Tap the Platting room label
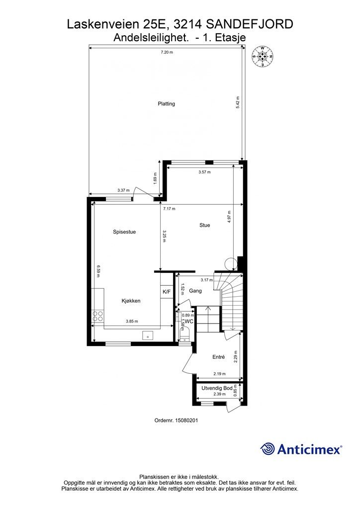[166, 104]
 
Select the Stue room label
[204, 225]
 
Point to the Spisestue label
[124, 232]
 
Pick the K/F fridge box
[166, 292]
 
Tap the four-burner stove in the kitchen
[98, 317]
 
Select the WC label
[189, 322]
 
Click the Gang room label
[195, 291]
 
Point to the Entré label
[218, 357]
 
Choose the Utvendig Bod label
[217, 388]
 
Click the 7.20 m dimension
[166, 52]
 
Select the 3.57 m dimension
[204, 172]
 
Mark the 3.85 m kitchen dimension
[132, 321]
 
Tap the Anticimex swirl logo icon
[268, 449]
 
